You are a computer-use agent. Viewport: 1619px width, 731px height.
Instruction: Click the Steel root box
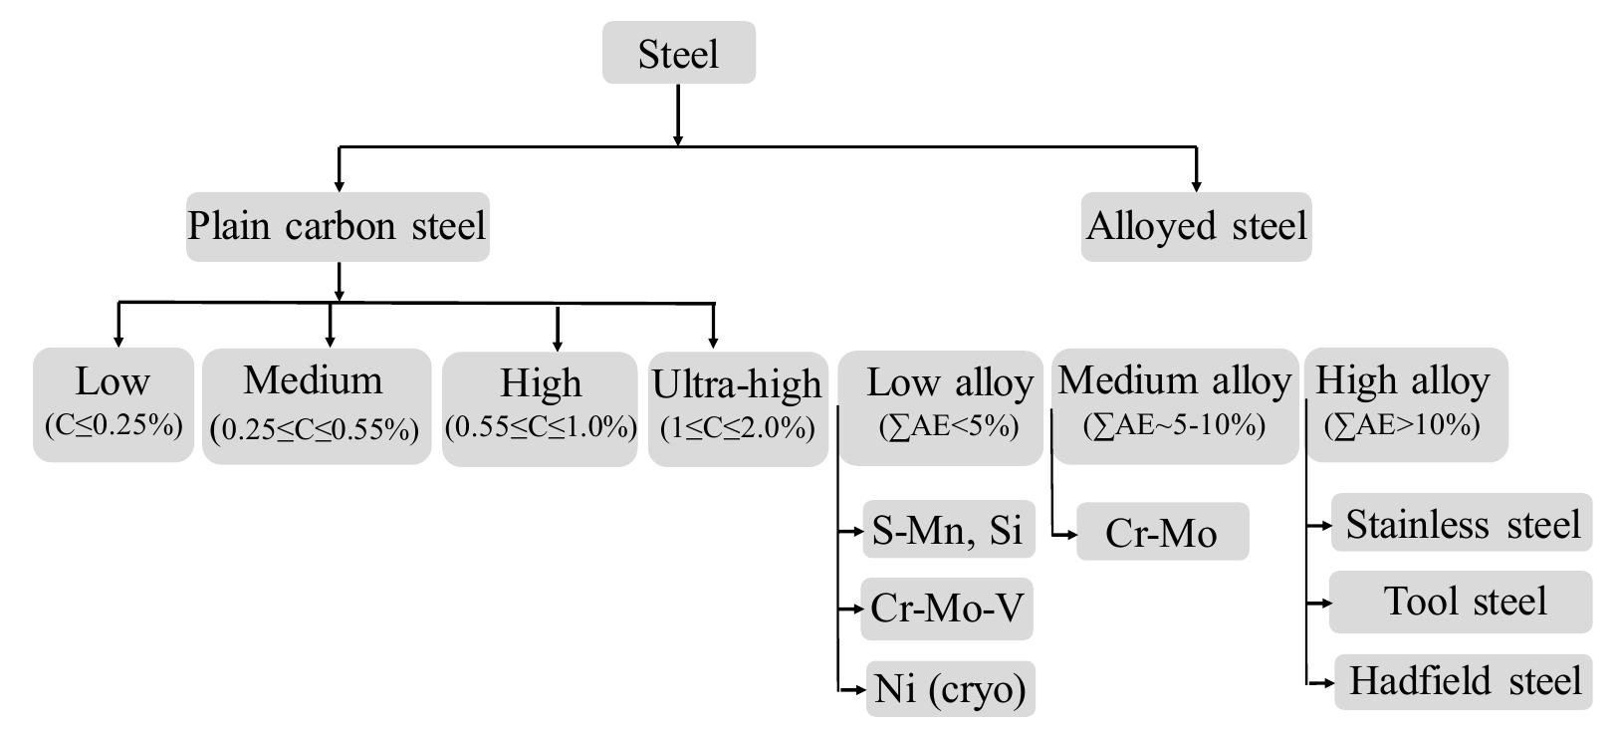click(678, 54)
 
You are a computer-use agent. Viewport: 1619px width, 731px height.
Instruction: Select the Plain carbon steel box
click(338, 226)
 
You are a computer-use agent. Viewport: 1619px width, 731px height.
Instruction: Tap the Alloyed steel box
click(1196, 226)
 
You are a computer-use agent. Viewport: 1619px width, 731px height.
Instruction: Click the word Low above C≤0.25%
click(113, 381)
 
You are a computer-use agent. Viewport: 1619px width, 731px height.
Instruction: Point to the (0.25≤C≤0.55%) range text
click(315, 429)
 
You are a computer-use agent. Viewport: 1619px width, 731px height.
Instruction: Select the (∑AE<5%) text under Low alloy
click(949, 426)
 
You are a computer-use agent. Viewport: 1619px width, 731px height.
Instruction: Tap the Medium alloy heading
click(1174, 380)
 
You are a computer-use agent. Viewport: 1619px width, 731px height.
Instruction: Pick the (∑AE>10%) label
click(1402, 425)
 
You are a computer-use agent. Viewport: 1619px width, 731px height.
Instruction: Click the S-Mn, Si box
click(948, 530)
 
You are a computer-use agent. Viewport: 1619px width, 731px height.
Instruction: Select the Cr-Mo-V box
click(947, 608)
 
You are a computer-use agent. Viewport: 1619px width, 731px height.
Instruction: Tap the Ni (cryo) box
click(950, 688)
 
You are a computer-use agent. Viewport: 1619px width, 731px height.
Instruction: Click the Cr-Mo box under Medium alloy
click(1161, 533)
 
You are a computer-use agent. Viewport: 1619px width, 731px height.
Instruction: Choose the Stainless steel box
click(1463, 524)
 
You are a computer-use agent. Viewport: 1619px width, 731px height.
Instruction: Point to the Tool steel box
click(1463, 602)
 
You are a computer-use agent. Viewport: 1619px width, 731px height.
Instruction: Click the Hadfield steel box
click(1464, 681)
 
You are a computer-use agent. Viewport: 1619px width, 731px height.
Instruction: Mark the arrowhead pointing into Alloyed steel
click(1196, 185)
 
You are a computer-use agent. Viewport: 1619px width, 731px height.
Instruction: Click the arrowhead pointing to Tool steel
click(1325, 603)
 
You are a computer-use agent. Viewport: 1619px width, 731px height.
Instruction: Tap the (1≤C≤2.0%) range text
click(738, 428)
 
